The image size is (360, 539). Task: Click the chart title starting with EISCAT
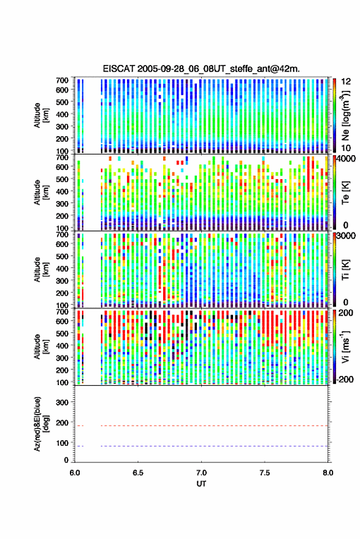[201, 69]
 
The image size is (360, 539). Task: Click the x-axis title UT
[201, 484]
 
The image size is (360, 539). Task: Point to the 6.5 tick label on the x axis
[138, 473]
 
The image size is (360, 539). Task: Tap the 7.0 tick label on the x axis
[201, 473]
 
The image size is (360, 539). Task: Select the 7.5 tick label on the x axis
[264, 473]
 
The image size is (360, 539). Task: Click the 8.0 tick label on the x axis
[327, 473]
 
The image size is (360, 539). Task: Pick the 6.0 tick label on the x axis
[75, 473]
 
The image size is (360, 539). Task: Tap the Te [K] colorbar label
[345, 193]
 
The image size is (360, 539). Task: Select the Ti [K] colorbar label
[345, 270]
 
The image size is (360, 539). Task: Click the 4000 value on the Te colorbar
[345, 159]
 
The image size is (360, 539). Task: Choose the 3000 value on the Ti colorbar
[345, 236]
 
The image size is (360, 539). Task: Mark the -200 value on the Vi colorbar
[345, 380]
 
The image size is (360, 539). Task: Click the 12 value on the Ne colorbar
[346, 82]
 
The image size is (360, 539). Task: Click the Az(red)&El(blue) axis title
[40, 424]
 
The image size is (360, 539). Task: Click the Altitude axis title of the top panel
[40, 115]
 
